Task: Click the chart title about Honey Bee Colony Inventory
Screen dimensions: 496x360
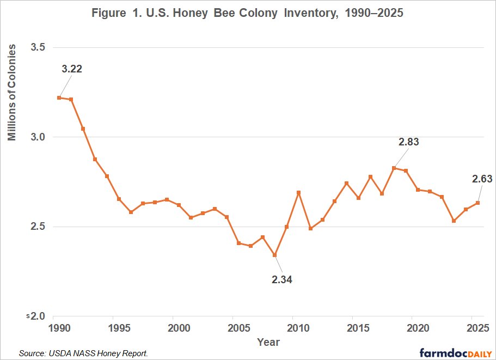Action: click(x=247, y=13)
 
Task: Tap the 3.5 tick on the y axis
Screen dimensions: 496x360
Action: click(x=38, y=47)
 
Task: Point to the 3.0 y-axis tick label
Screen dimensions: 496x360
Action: click(x=38, y=137)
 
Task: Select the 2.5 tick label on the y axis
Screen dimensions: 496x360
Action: click(x=38, y=227)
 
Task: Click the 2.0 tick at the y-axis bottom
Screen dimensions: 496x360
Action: click(x=38, y=316)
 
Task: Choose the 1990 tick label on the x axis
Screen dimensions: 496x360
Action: click(x=59, y=328)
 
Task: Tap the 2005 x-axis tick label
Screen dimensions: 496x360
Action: click(x=239, y=328)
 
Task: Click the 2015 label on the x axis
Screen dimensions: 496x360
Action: click(x=358, y=328)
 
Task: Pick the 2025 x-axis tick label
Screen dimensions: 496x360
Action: click(x=478, y=328)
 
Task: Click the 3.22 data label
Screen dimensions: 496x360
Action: click(x=72, y=69)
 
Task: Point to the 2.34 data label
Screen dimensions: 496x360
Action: click(x=282, y=279)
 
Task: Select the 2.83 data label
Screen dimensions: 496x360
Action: click(x=409, y=142)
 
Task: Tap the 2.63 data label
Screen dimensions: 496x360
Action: click(x=482, y=179)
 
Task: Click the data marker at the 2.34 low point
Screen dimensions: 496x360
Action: click(x=274, y=255)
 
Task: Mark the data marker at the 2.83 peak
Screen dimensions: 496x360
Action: click(x=394, y=168)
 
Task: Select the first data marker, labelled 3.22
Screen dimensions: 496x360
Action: click(x=59, y=97)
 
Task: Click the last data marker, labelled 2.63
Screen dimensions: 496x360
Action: click(x=477, y=203)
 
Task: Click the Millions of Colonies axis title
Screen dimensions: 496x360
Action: click(x=11, y=93)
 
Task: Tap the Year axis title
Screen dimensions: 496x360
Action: click(x=268, y=342)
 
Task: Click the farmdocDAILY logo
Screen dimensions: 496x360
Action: click(x=456, y=353)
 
